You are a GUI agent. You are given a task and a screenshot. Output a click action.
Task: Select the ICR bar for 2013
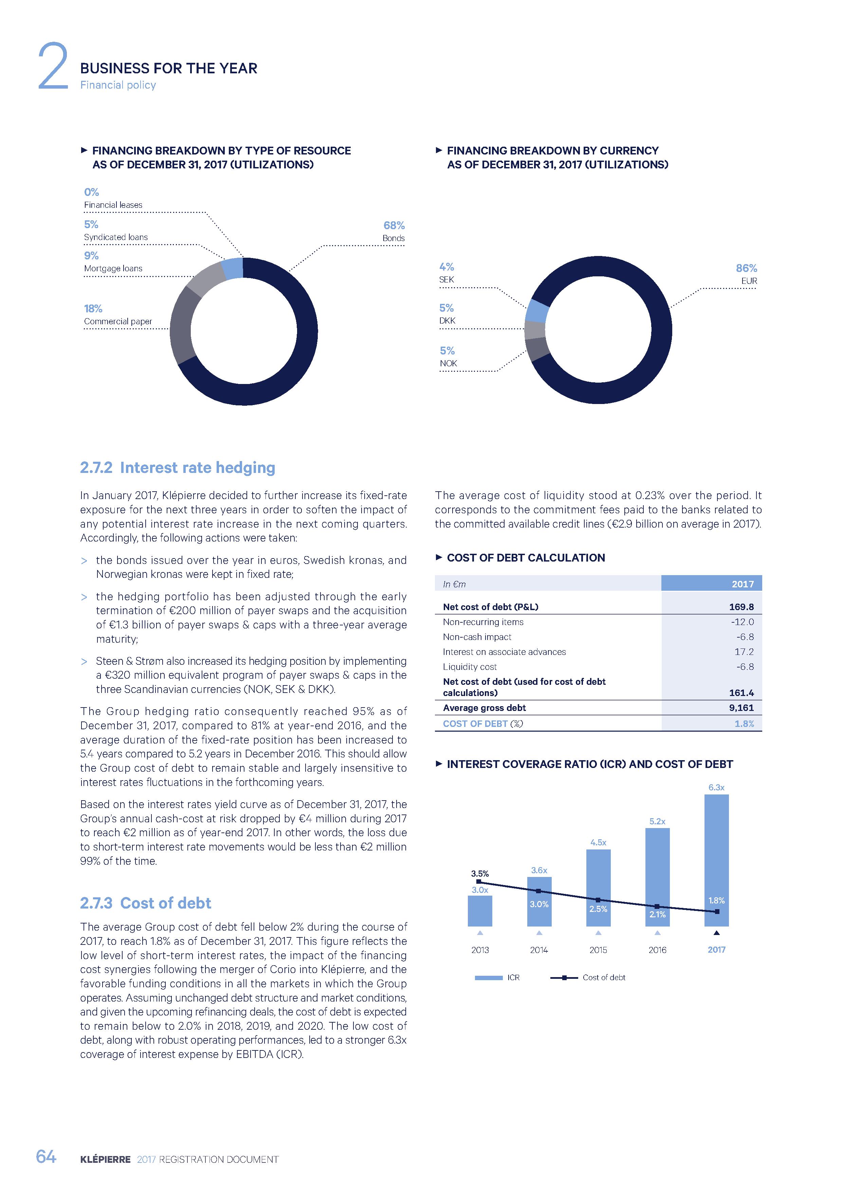(x=480, y=911)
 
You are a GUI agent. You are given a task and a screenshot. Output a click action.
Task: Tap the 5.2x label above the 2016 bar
(x=657, y=821)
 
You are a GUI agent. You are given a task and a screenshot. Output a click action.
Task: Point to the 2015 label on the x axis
(x=598, y=950)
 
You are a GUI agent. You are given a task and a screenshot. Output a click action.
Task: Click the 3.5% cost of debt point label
(x=480, y=874)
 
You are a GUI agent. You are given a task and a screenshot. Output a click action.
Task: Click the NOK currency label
(x=448, y=363)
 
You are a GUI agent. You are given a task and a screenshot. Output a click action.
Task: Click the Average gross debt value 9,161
(x=742, y=708)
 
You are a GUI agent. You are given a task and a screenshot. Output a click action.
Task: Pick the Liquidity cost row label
(x=470, y=666)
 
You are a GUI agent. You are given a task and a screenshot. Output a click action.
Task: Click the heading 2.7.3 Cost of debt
(x=145, y=903)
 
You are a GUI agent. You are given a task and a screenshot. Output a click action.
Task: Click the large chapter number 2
(x=53, y=67)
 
